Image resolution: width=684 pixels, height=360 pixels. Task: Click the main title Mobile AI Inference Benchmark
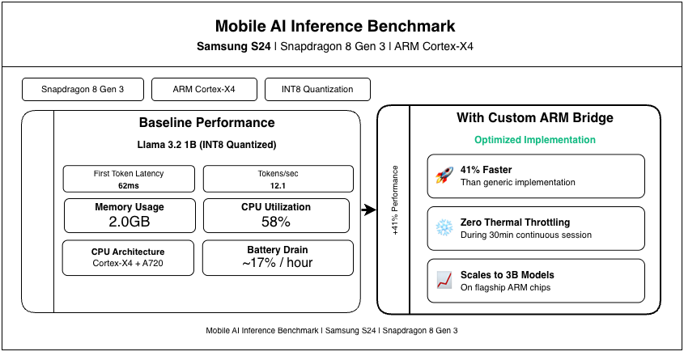click(x=342, y=26)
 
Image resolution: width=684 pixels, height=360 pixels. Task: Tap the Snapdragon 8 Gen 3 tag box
click(x=82, y=89)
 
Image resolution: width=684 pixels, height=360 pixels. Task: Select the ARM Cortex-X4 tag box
click(x=204, y=89)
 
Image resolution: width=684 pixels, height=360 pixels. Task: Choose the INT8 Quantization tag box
click(x=318, y=89)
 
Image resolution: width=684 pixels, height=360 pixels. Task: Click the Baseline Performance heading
click(x=206, y=123)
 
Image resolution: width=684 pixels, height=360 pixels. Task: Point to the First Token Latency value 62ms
click(x=130, y=185)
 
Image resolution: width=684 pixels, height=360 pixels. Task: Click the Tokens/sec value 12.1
click(x=277, y=185)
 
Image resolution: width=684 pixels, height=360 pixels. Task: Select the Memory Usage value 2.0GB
click(x=130, y=222)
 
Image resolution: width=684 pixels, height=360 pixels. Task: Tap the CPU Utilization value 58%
click(x=277, y=222)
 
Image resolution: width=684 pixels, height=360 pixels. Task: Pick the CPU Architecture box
click(x=130, y=256)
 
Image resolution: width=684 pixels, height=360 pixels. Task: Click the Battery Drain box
click(x=277, y=256)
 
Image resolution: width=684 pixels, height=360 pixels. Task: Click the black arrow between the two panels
click(x=369, y=210)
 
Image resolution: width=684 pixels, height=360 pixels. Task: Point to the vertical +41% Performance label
click(x=395, y=200)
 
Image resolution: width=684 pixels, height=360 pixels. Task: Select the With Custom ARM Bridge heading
click(x=534, y=118)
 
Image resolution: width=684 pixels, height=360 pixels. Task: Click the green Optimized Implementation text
click(x=534, y=140)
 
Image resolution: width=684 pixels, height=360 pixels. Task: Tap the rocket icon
click(x=444, y=176)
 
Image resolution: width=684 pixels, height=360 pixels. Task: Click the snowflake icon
click(x=444, y=228)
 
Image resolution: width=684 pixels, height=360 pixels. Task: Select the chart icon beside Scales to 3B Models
click(x=444, y=280)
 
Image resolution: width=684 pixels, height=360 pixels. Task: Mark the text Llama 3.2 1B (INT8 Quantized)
click(x=206, y=145)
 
